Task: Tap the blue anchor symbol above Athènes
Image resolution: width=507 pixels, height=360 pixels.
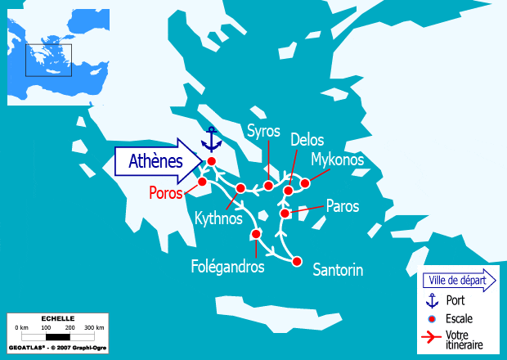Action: pyautogui.click(x=212, y=140)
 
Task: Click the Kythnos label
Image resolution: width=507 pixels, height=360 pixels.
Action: pyautogui.click(x=219, y=218)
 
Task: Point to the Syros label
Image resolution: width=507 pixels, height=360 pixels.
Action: pyautogui.click(x=264, y=132)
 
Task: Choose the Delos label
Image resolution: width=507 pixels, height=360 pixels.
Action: pyautogui.click(x=307, y=140)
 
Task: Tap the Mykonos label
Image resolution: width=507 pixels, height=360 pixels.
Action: pyautogui.click(x=338, y=160)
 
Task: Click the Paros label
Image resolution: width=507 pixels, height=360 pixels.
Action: pyautogui.click(x=343, y=206)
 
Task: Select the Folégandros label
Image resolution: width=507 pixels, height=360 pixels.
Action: pyautogui.click(x=227, y=267)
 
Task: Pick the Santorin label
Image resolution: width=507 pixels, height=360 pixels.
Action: pyautogui.click(x=338, y=269)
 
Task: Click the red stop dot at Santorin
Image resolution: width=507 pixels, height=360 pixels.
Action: pyautogui.click(x=297, y=262)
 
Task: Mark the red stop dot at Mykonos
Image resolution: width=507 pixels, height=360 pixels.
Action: pyautogui.click(x=305, y=183)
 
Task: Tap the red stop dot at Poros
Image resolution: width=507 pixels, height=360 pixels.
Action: pyautogui.click(x=202, y=182)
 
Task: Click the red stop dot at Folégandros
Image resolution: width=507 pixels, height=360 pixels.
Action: pyautogui.click(x=256, y=234)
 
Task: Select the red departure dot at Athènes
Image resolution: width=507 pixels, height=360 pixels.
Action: pyautogui.click(x=211, y=161)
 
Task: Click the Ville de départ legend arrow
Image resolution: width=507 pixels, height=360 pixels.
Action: pyautogui.click(x=460, y=281)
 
